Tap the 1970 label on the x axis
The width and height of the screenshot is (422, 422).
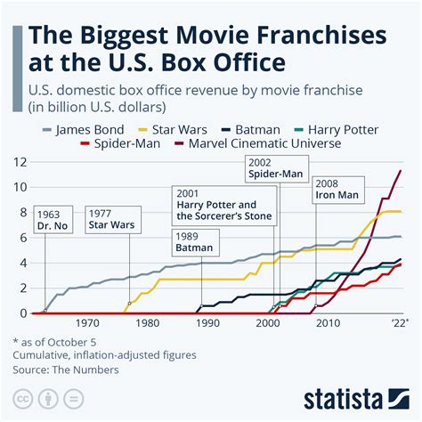pyautogui.click(x=87, y=324)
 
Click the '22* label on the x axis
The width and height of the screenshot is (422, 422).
pyautogui.click(x=399, y=324)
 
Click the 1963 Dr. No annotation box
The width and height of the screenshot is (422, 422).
pyautogui.click(x=52, y=220)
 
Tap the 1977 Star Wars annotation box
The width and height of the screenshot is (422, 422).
pyautogui.click(x=110, y=220)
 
